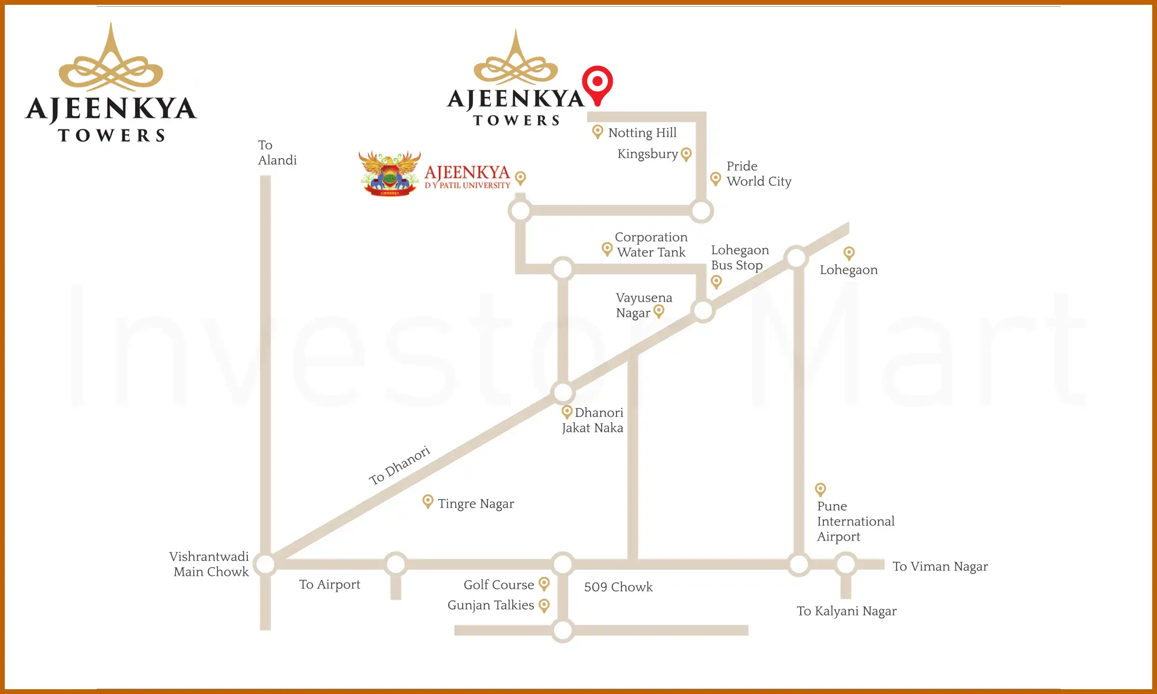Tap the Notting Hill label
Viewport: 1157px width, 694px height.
(x=642, y=133)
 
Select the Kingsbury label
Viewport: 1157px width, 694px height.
(x=647, y=154)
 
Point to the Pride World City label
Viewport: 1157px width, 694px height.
(x=758, y=173)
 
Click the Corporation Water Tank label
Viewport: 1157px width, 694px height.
(x=651, y=244)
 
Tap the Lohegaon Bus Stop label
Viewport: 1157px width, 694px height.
(x=740, y=257)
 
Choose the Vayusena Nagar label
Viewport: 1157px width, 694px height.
(x=643, y=305)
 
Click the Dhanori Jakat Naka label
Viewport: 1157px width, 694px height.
(x=593, y=420)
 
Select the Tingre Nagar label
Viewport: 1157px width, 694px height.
(x=476, y=504)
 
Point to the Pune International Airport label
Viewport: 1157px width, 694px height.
(x=855, y=521)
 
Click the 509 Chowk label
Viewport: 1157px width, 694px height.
(x=618, y=587)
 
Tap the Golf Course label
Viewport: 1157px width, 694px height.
(x=498, y=585)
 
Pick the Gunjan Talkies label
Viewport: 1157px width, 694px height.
(x=490, y=605)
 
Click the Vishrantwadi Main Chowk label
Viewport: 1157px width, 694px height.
(x=210, y=564)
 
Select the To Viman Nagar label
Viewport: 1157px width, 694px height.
(x=940, y=566)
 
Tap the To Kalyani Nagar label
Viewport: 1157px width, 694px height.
(x=846, y=611)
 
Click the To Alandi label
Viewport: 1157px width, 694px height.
(x=276, y=153)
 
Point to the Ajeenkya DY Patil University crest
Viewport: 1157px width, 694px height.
(x=390, y=173)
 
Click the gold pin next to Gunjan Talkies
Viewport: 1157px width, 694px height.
(x=544, y=605)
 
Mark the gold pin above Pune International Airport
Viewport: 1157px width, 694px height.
(x=820, y=490)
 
